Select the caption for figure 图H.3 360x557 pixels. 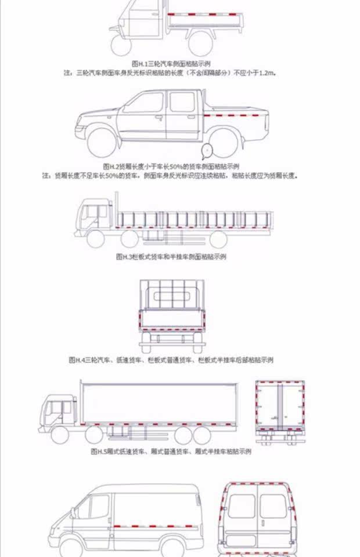(x=171, y=256)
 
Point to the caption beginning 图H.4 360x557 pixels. (x=171, y=360)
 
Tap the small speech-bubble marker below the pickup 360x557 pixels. (x=207, y=152)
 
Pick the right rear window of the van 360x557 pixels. (x=272, y=505)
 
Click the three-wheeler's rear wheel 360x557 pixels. (x=199, y=41)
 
